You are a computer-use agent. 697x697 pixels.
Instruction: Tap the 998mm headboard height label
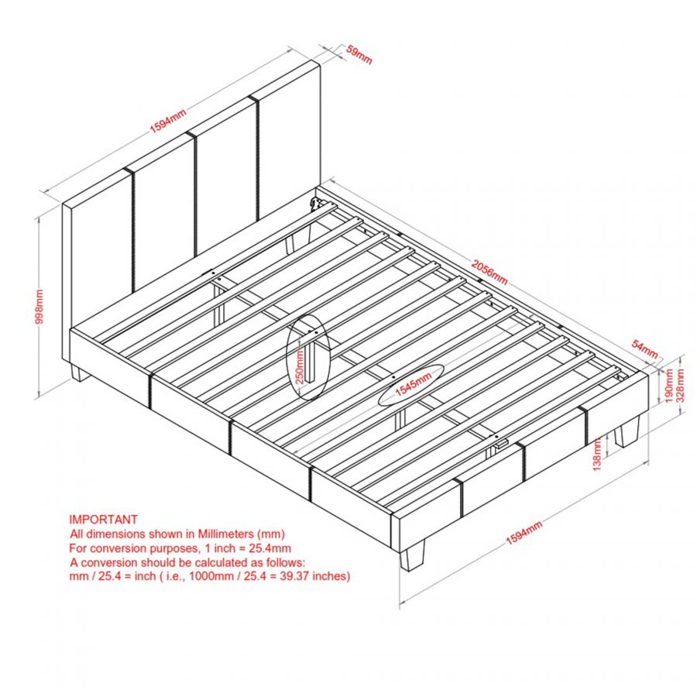39,307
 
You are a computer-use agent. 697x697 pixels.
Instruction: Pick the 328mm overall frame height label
681,381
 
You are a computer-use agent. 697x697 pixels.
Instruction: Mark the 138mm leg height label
598,455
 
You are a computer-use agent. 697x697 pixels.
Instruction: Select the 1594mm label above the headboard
168,122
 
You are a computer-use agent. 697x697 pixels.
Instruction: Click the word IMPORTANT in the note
104,520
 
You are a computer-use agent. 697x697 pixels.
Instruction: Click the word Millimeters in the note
219,534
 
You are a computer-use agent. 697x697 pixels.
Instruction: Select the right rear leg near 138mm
627,434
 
